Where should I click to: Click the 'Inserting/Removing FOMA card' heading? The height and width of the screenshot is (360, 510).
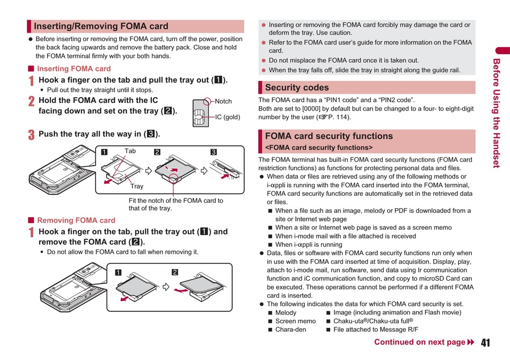point(101,26)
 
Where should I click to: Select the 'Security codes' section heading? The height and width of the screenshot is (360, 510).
point(297,87)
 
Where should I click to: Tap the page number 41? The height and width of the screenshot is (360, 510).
point(486,343)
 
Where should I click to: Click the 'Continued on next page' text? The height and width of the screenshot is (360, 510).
point(419,342)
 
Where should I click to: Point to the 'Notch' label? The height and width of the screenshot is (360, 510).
point(223,101)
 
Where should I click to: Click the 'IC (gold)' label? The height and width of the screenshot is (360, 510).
point(228,117)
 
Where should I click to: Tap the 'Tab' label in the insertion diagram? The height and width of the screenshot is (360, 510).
point(130,151)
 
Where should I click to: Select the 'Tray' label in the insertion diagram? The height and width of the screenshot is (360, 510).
point(137,186)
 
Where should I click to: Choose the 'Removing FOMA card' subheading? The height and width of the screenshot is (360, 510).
point(76,220)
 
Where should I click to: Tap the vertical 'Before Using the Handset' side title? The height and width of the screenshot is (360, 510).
point(497,113)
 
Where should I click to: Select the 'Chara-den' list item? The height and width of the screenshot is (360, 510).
point(290,329)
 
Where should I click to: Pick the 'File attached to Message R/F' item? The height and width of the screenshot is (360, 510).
point(375,329)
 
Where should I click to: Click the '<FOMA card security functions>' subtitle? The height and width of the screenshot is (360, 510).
point(318,148)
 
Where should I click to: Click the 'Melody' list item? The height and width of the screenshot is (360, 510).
point(286,312)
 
